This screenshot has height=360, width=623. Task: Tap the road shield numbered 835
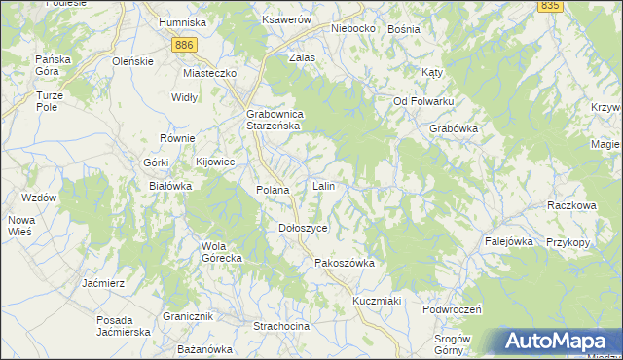point(549,6)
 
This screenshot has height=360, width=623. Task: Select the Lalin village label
point(324,185)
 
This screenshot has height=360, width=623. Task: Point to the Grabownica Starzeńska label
point(275,120)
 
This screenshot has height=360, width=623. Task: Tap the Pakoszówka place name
point(345,263)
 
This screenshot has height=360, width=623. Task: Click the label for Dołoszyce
point(303,227)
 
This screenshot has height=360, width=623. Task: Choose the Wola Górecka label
point(221,252)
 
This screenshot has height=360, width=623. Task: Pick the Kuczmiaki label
point(378,301)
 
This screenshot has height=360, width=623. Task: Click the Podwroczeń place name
point(453,308)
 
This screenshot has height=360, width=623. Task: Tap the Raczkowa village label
point(571,206)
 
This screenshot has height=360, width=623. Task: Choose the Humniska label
point(182,22)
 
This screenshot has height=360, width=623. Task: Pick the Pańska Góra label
point(53,65)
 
